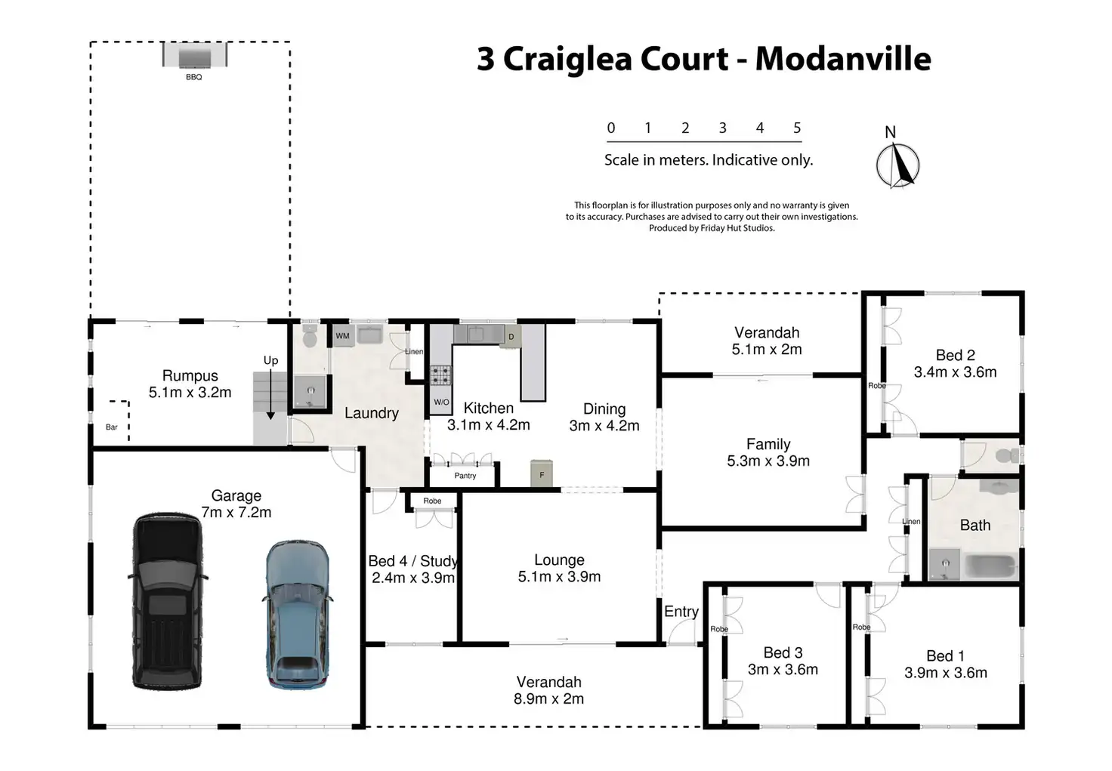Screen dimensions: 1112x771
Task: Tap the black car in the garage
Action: point(168,601)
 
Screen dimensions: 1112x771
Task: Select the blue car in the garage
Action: point(298,614)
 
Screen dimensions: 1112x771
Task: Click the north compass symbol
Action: point(897,165)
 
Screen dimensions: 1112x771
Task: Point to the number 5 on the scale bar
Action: point(797,128)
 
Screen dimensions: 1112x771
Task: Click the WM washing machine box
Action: point(342,335)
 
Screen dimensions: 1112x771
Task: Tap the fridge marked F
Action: point(542,473)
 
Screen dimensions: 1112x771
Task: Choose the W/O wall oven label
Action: point(441,402)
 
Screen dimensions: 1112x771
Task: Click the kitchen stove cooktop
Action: point(440,375)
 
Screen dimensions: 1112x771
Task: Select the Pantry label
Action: point(465,475)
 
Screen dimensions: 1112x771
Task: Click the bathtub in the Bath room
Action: point(990,566)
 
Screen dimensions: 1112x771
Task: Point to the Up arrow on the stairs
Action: point(270,395)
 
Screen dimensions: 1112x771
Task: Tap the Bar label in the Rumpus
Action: point(112,427)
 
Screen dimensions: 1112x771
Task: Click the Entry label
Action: point(681,611)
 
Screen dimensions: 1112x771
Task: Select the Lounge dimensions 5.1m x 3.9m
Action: point(559,576)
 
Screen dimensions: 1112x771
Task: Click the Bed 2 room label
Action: point(955,355)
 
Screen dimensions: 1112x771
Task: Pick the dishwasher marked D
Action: point(511,337)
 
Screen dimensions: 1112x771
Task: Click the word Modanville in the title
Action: point(843,59)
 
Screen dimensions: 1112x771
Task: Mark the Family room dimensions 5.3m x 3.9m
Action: point(768,461)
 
